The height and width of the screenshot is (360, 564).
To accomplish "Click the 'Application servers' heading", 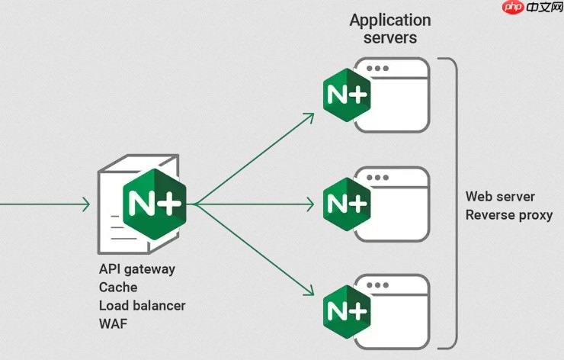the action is (390, 29).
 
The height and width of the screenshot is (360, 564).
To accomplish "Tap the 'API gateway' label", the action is (137, 269).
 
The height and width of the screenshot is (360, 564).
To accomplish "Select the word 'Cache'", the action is (118, 288).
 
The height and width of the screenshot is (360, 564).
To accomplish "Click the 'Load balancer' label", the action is (142, 305).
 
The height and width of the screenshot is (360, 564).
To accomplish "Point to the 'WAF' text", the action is (113, 323).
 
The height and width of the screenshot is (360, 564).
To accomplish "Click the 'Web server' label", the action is (500, 197).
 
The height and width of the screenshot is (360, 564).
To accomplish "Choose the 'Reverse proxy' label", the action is (509, 215).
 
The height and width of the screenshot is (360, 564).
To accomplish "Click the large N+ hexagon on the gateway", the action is (154, 204).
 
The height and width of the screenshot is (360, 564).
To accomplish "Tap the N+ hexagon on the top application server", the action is (347, 95).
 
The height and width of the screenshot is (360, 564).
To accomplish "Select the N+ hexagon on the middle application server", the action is (347, 204).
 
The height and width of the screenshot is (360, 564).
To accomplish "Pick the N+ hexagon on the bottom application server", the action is (347, 311).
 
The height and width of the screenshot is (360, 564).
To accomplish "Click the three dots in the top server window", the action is (377, 69).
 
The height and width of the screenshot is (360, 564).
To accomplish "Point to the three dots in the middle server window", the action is (377, 178).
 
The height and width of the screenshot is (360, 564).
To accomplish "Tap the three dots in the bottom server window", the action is (377, 285).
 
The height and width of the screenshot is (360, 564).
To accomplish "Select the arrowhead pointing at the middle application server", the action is (311, 204).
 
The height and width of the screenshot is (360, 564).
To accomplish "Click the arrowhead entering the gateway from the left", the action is (86, 204).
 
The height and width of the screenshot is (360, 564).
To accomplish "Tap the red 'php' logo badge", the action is (513, 7).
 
